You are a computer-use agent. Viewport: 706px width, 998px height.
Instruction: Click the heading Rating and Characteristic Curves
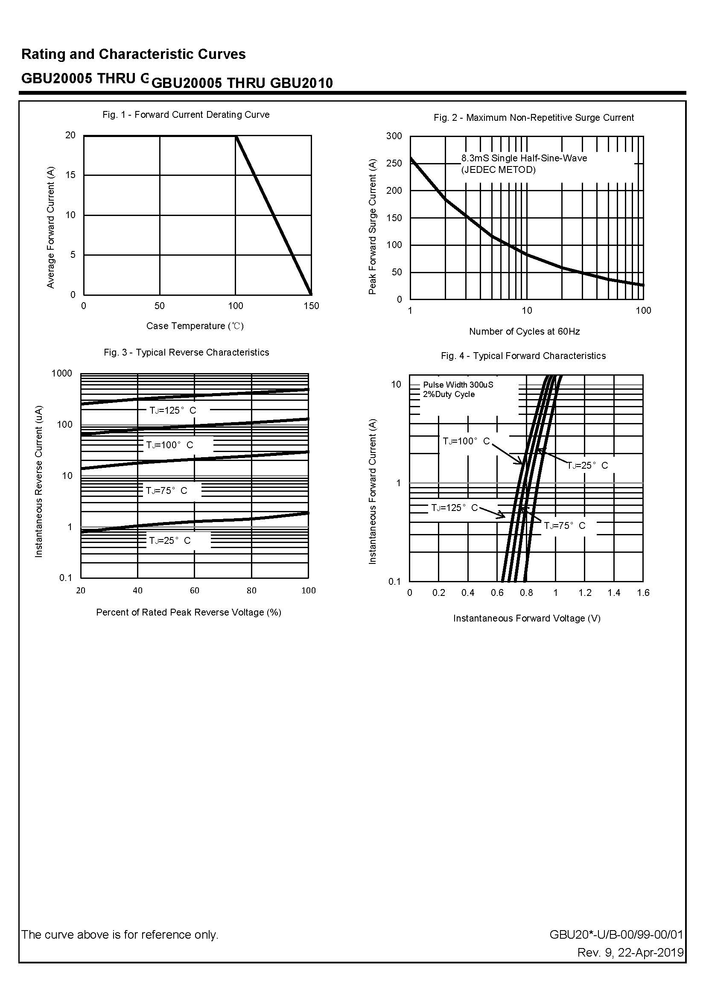(134, 54)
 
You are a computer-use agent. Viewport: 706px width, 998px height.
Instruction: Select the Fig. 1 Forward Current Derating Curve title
(186, 115)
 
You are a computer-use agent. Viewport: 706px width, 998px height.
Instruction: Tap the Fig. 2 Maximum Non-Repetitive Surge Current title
(534, 118)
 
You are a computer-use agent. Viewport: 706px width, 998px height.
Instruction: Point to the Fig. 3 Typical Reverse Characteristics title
(186, 353)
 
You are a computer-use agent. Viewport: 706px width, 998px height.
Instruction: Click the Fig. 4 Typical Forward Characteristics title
(523, 356)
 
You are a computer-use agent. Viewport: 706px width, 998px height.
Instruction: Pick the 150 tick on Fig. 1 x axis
(311, 306)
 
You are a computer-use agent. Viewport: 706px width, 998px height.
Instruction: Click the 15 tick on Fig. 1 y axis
(70, 175)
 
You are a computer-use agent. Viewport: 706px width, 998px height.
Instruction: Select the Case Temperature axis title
(195, 326)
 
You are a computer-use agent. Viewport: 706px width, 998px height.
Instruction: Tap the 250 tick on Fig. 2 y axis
(394, 163)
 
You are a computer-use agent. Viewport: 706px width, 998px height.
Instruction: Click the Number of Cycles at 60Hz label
(524, 332)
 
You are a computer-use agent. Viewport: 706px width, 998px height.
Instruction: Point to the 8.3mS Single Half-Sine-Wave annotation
(524, 159)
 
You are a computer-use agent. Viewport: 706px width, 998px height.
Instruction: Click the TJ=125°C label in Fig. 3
(173, 410)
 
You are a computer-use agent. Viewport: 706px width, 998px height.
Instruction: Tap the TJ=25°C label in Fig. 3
(170, 541)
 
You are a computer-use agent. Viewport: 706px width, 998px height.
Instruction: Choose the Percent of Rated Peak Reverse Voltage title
(189, 613)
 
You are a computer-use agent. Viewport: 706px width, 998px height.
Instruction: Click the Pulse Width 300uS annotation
(458, 385)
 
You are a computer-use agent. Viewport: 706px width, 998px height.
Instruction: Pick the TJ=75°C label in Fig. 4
(565, 526)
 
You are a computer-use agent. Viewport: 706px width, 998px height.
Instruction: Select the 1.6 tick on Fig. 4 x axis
(643, 593)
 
